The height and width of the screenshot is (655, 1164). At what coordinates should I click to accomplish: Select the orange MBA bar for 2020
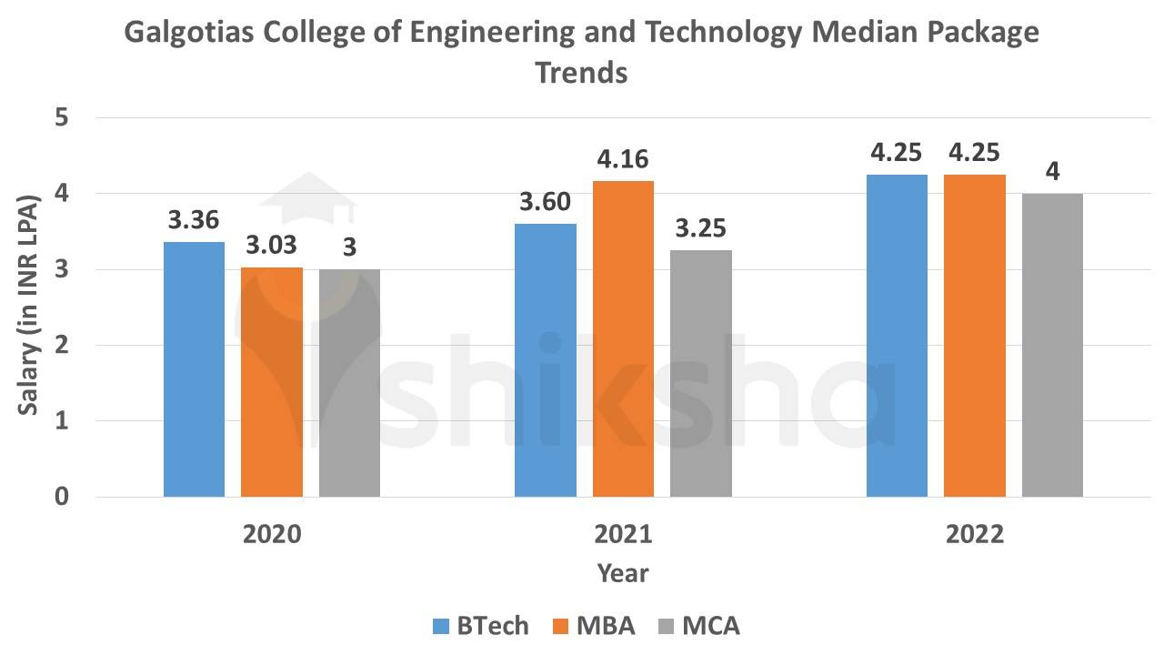pos(272,382)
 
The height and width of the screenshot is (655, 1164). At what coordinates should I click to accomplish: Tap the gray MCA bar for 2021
pos(701,373)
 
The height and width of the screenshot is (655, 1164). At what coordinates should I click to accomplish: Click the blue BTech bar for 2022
pos(897,336)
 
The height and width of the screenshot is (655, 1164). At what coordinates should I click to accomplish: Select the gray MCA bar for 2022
pos(1052,345)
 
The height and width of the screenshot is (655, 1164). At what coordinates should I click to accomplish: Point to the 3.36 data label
pos(194,221)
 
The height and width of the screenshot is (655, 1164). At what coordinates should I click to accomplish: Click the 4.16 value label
pos(623,160)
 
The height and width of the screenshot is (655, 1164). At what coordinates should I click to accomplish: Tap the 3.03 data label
pos(272,247)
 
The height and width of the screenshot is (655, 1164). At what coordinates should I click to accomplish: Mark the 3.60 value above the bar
pos(545,203)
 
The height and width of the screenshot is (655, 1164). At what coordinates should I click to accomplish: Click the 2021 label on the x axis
pos(623,534)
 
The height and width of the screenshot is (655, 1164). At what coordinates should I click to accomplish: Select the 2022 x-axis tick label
pos(974,534)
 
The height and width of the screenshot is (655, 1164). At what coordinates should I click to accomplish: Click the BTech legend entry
pos(480,626)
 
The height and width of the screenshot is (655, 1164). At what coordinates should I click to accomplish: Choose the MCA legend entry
pos(698,626)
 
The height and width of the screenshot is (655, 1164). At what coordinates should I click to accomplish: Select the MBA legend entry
pos(594,626)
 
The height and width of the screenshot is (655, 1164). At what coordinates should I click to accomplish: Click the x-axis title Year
pos(623,573)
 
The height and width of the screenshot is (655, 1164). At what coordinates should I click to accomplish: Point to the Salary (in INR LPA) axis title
pos(29,306)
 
